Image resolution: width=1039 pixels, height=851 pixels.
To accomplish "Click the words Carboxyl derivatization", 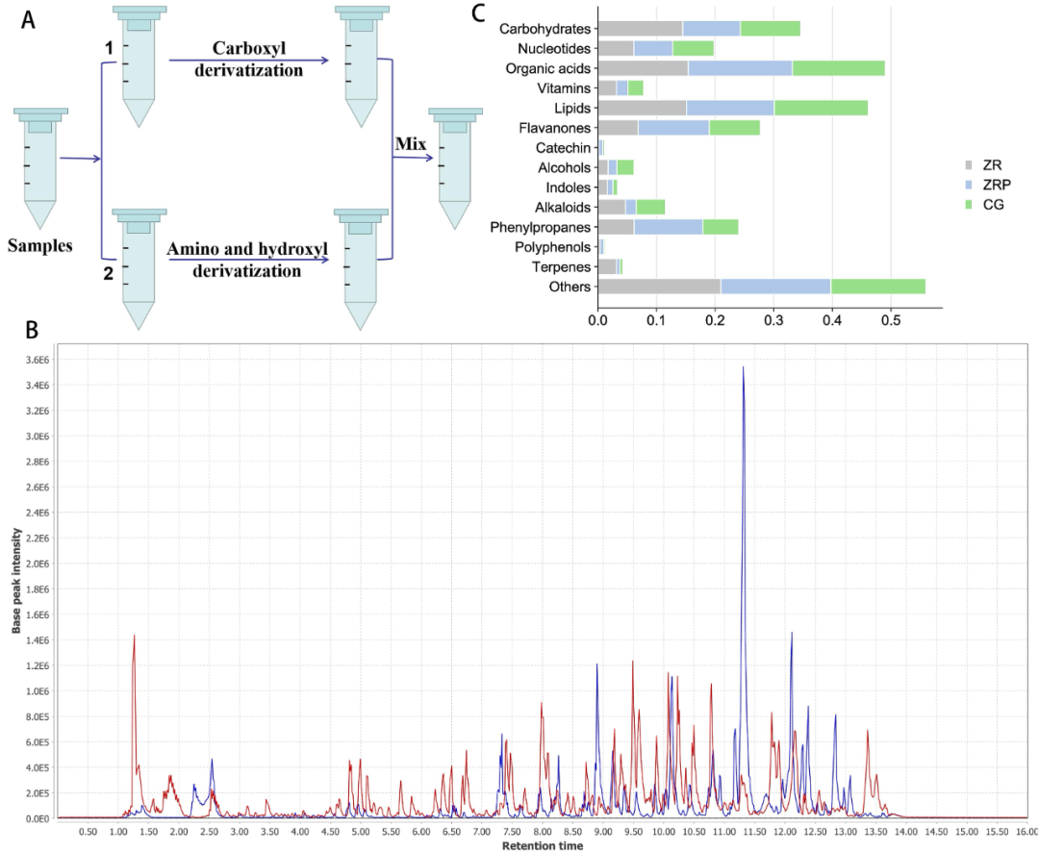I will click(247, 61).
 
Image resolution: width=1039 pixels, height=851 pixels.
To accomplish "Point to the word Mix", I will click(410, 143).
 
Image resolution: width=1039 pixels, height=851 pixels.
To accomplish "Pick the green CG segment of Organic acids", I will click(838, 68).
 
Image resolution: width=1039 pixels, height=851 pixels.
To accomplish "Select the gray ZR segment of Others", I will click(659, 286).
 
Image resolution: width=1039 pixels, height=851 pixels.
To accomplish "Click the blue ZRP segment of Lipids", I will click(730, 108).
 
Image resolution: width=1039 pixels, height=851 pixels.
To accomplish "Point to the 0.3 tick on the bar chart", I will click(773, 318).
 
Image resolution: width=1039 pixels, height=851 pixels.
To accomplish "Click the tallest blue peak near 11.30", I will click(743, 368).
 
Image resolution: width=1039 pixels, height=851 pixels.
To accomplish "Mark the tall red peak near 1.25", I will click(134, 637).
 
